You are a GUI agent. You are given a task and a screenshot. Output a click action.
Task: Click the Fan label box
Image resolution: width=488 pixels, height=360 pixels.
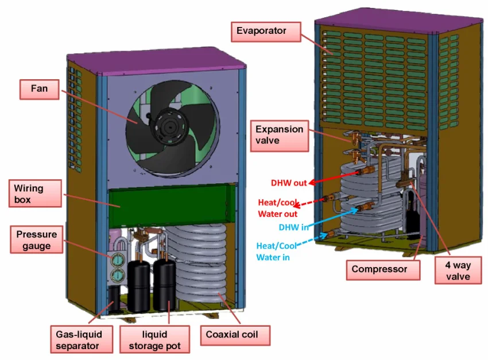[x=39, y=89]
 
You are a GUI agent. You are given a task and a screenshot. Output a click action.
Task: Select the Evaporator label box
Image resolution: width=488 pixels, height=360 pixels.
[x=261, y=30]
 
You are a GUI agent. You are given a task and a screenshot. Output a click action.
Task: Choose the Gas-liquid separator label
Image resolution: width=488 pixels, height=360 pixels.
[x=77, y=340]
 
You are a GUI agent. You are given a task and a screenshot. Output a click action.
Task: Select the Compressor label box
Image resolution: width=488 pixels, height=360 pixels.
[x=379, y=269]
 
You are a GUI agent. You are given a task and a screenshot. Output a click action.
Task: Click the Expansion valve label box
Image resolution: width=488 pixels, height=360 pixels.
[x=279, y=135]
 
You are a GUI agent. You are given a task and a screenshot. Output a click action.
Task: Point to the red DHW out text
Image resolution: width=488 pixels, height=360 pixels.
[x=289, y=183]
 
